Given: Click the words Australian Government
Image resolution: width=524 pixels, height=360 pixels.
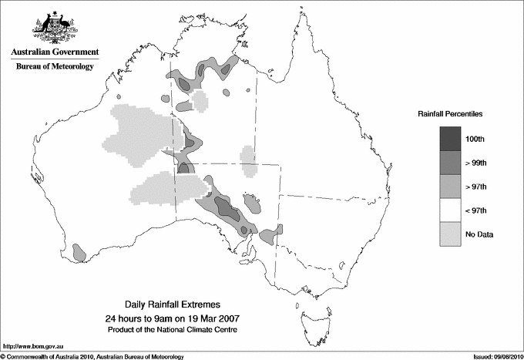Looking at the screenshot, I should pyautogui.click(x=54, y=52).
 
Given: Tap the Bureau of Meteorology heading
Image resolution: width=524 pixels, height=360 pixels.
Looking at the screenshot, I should pyautogui.click(x=54, y=67).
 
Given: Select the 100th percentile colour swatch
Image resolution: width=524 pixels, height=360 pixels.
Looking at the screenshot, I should pyautogui.click(x=452, y=138).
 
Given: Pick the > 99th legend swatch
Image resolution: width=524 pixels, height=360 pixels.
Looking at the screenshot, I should pyautogui.click(x=452, y=163).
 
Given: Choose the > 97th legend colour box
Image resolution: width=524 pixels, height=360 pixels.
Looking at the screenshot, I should pyautogui.click(x=452, y=187).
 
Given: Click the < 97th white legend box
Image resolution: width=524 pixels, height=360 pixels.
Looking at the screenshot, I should pyautogui.click(x=452, y=210).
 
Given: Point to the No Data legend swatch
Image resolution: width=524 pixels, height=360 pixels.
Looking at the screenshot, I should pyautogui.click(x=452, y=234).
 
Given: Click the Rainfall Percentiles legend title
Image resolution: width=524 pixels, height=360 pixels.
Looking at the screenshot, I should pyautogui.click(x=450, y=113).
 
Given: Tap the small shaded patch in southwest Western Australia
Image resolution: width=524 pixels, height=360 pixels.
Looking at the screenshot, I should pyautogui.click(x=78, y=251).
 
